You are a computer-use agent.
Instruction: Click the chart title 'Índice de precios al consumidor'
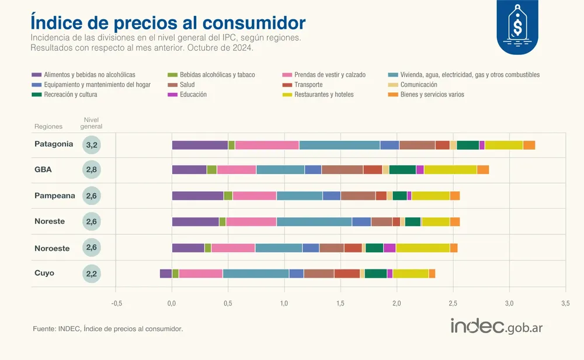(x=168, y=22)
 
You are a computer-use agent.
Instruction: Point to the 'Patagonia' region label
(x=54, y=144)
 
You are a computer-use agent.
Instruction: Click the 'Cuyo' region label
(x=44, y=273)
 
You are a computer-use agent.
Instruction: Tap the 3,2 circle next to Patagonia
(x=92, y=145)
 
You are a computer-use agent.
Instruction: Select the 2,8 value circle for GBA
(x=92, y=170)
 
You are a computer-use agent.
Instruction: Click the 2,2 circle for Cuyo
(x=92, y=274)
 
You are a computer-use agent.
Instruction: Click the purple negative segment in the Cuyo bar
(x=166, y=274)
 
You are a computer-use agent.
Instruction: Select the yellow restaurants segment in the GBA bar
(x=450, y=170)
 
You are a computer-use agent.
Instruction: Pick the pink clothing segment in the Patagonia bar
(x=267, y=145)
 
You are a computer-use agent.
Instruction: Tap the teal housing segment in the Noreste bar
(x=314, y=221)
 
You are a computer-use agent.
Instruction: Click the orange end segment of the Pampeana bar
(x=455, y=196)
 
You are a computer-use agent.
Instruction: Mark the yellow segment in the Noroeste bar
(x=423, y=248)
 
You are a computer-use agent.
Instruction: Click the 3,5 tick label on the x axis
(x=565, y=304)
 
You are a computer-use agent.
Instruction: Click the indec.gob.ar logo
(x=496, y=327)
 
